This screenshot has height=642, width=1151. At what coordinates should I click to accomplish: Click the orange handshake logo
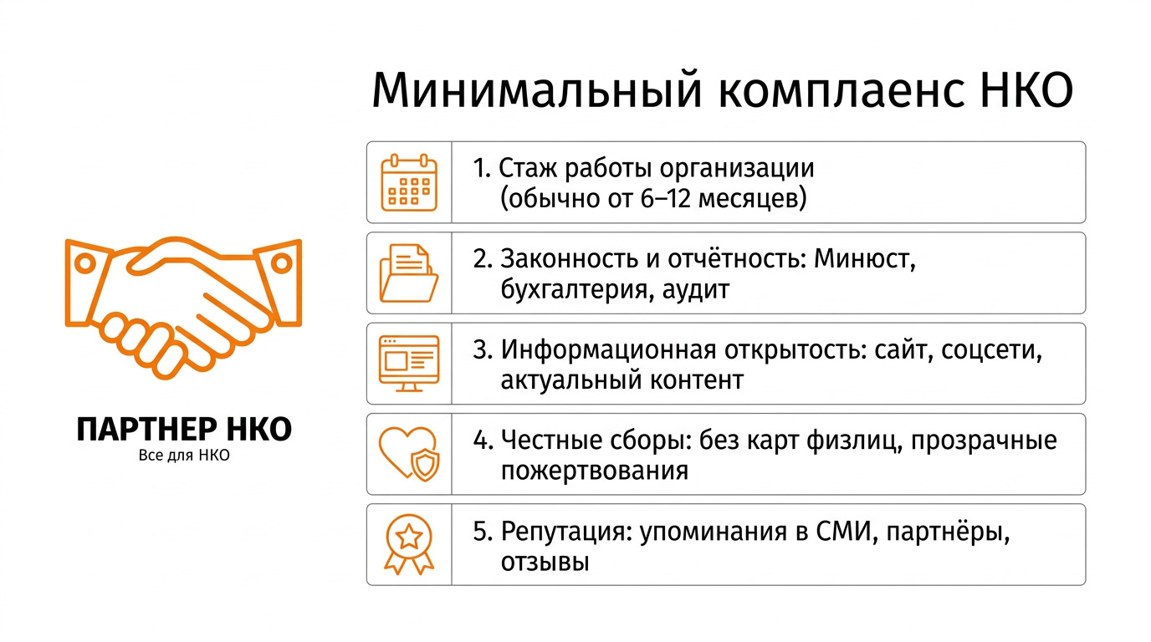point(183,306)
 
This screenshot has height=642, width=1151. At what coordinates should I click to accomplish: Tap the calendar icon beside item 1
point(409,181)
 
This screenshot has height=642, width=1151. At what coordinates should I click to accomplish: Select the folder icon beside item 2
point(409,273)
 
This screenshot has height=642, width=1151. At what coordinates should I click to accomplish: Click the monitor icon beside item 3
point(409,364)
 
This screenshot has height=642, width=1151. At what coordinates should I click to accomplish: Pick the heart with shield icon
point(409,454)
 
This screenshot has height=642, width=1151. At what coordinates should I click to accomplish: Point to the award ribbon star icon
point(409,544)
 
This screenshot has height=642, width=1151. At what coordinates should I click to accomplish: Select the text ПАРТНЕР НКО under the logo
point(184,430)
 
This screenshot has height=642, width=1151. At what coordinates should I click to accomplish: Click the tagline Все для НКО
point(183,456)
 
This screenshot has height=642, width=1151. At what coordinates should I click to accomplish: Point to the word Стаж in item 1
point(529,168)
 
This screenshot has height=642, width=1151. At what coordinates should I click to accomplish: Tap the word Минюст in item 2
point(865,259)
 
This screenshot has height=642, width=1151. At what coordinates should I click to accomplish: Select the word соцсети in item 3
point(992,350)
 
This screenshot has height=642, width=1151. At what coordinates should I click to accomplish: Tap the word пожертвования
point(595,471)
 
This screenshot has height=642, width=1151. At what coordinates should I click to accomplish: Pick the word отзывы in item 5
point(545,562)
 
